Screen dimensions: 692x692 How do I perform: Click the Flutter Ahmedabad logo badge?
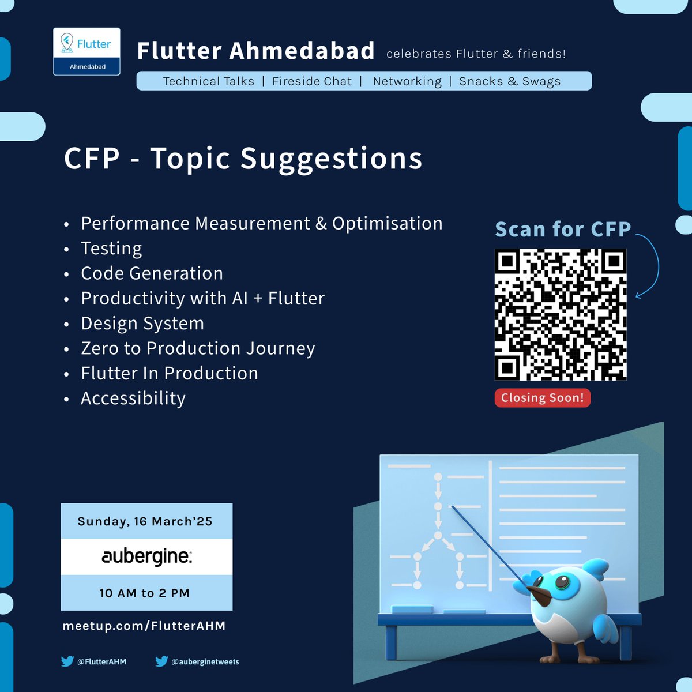tap(86, 51)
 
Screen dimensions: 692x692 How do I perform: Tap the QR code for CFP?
tap(561, 314)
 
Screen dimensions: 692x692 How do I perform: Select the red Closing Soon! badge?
tap(542, 398)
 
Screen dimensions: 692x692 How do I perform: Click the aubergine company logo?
tap(146, 556)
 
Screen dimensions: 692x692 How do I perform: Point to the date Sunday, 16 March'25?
tap(145, 521)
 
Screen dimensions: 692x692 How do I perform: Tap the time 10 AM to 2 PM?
tap(145, 593)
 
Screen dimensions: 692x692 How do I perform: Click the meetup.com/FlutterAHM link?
tap(144, 626)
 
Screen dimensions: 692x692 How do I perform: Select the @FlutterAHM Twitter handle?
tap(101, 661)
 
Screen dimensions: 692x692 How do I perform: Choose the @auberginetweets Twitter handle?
tap(205, 661)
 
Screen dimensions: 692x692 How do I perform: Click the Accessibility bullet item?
tap(133, 398)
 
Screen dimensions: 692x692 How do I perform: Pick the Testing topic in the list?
tap(111, 249)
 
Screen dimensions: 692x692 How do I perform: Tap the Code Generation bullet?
tap(152, 273)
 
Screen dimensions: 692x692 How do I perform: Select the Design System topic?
tap(142, 324)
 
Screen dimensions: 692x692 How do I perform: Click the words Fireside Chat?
tap(312, 81)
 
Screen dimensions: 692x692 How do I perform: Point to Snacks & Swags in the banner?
tap(510, 81)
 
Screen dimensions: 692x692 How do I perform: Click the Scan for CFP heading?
tap(563, 230)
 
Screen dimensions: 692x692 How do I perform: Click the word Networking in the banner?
tap(407, 81)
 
